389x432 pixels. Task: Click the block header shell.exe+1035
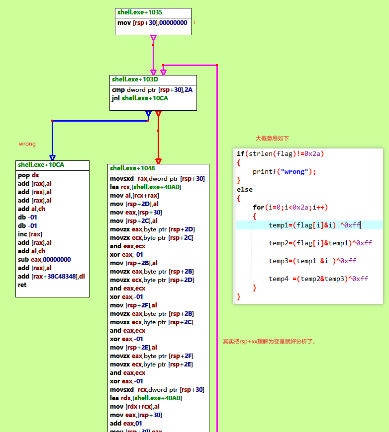pyautogui.click(x=140, y=12)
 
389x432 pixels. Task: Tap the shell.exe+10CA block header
pyautogui.click(x=41, y=165)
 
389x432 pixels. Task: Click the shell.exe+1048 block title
pyautogui.click(x=132, y=168)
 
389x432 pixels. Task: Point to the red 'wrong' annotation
pyautogui.click(x=27, y=144)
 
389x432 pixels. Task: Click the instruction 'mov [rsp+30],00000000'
pyautogui.click(x=152, y=23)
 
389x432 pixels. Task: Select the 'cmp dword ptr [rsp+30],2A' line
pyautogui.click(x=152, y=90)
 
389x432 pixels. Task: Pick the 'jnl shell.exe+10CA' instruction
pyautogui.click(x=140, y=98)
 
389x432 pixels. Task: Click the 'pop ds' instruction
pyautogui.click(x=28, y=175)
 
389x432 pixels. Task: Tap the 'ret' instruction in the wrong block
pyautogui.click(x=22, y=285)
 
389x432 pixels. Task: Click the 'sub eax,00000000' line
pyautogui.click(x=44, y=260)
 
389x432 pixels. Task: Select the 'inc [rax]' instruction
pyautogui.click(x=30, y=234)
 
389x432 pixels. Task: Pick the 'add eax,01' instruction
pyautogui.click(x=122, y=424)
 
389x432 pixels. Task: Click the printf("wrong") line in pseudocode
pyautogui.click(x=284, y=172)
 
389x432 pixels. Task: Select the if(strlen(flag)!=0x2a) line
pyautogui.click(x=280, y=154)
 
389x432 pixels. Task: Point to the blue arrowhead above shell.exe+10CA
pyautogui.click(x=52, y=157)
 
